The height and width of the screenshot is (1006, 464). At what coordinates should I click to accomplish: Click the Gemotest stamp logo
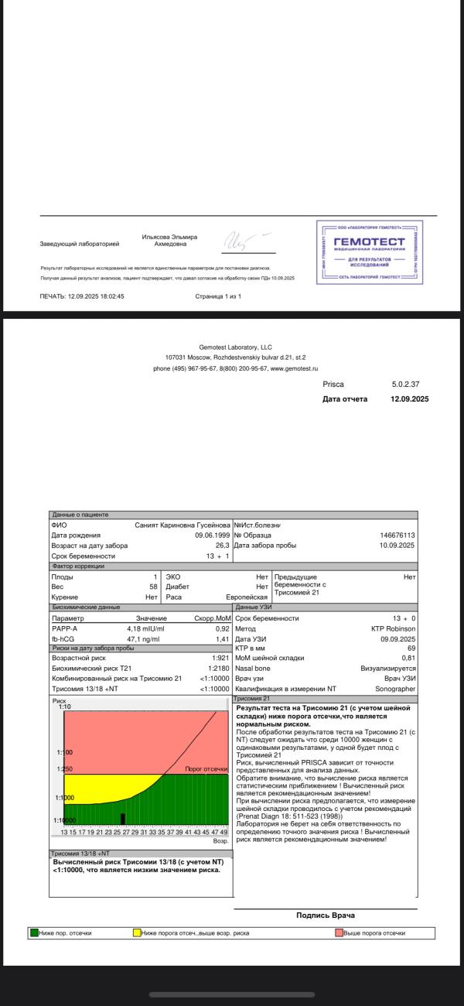tap(369, 253)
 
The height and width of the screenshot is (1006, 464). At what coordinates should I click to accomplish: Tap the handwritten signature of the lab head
tap(247, 241)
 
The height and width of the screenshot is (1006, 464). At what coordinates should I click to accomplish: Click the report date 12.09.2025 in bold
tap(410, 399)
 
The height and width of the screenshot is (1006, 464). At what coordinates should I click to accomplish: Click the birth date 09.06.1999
tap(212, 535)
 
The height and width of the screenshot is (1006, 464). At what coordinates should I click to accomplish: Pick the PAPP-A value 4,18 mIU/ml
tap(146, 629)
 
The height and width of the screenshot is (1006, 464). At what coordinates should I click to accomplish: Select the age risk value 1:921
tap(220, 658)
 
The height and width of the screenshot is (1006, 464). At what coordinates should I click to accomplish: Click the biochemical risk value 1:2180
tap(219, 668)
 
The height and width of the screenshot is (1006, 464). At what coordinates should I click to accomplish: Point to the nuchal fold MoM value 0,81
tap(408, 658)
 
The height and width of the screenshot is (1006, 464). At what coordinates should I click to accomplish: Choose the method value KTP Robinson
tap(394, 629)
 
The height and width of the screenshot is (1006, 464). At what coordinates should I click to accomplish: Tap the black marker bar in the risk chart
tap(122, 818)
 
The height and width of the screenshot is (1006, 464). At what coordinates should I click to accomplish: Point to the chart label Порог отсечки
tap(206, 769)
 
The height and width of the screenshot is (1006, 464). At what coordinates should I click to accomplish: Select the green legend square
tap(35, 933)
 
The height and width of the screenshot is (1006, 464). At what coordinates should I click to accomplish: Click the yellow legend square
tap(137, 933)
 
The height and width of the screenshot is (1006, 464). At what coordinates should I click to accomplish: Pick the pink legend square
tap(339, 933)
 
